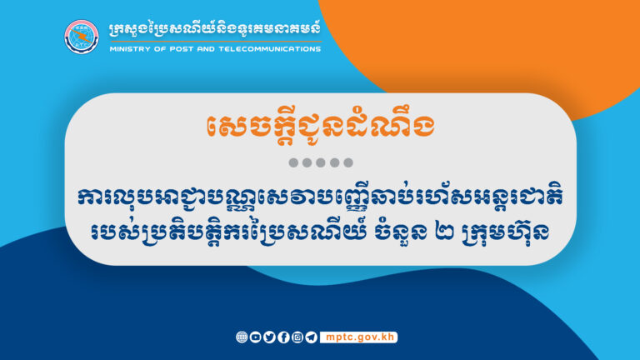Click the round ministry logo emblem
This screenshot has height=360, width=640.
point(82,36)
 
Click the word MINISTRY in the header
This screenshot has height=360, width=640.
point(130,48)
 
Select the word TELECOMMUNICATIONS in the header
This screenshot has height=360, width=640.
point(268,48)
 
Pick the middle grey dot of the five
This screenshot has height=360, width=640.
point(320,162)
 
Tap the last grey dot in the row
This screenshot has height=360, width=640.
point(348,162)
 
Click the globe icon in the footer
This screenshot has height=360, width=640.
point(242,337)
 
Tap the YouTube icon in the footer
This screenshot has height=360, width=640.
point(255,337)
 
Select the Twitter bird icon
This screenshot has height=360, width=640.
point(269,337)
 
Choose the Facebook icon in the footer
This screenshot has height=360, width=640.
point(283,337)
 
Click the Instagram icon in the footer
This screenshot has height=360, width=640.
point(297,337)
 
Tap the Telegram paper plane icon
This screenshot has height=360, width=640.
point(311,337)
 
